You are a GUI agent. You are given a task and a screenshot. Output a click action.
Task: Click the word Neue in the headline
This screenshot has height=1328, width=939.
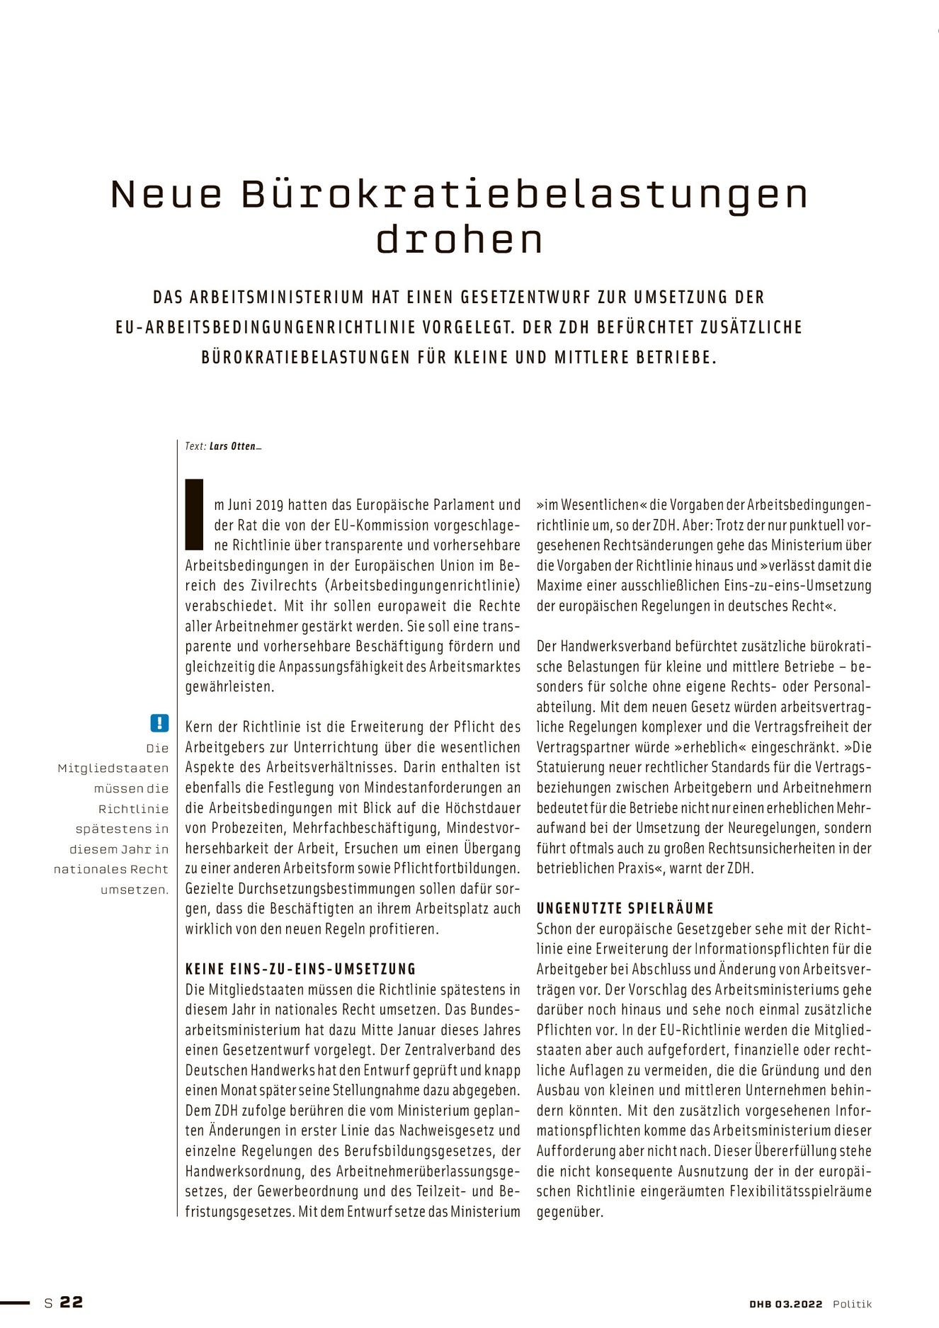pyautogui.click(x=166, y=194)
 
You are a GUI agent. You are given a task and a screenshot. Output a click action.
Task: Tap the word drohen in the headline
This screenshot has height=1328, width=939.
pyautogui.click(x=460, y=239)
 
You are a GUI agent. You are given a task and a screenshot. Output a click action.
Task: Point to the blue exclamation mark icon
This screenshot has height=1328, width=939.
pyautogui.click(x=159, y=722)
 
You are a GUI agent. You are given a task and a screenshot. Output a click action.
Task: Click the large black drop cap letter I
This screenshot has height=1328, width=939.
pyautogui.click(x=194, y=515)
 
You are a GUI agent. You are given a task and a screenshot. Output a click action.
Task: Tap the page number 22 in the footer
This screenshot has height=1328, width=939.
pyautogui.click(x=72, y=1302)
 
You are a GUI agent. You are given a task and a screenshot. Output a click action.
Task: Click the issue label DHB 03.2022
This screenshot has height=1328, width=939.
pyautogui.click(x=785, y=1304)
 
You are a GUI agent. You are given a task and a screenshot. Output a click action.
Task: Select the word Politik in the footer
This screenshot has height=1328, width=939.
pyautogui.click(x=852, y=1304)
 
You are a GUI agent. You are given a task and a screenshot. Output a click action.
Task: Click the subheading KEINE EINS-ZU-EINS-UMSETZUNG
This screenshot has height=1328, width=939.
pyautogui.click(x=301, y=969)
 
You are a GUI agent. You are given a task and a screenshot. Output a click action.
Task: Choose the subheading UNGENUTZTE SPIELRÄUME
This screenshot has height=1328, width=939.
pyautogui.click(x=625, y=908)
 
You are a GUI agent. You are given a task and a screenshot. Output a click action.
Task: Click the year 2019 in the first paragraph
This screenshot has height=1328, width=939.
pyautogui.click(x=269, y=505)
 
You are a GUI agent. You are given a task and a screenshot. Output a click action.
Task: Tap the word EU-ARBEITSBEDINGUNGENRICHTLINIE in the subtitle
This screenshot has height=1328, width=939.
pyautogui.click(x=267, y=327)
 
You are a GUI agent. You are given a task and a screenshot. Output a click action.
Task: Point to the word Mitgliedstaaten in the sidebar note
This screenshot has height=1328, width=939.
pyautogui.click(x=113, y=768)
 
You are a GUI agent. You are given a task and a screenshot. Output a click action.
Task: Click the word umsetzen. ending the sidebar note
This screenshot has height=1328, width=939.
pyautogui.click(x=135, y=890)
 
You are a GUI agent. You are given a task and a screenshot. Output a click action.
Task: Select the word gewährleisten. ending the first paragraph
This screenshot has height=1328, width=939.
pyautogui.click(x=229, y=686)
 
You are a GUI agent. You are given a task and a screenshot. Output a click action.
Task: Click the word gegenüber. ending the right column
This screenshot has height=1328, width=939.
pyautogui.click(x=570, y=1211)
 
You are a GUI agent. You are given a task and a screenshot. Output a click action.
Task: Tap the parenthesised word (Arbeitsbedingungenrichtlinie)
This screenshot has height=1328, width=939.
pyautogui.click(x=425, y=586)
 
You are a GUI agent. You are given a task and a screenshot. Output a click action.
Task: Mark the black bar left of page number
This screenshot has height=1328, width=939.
pyautogui.click(x=15, y=1302)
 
